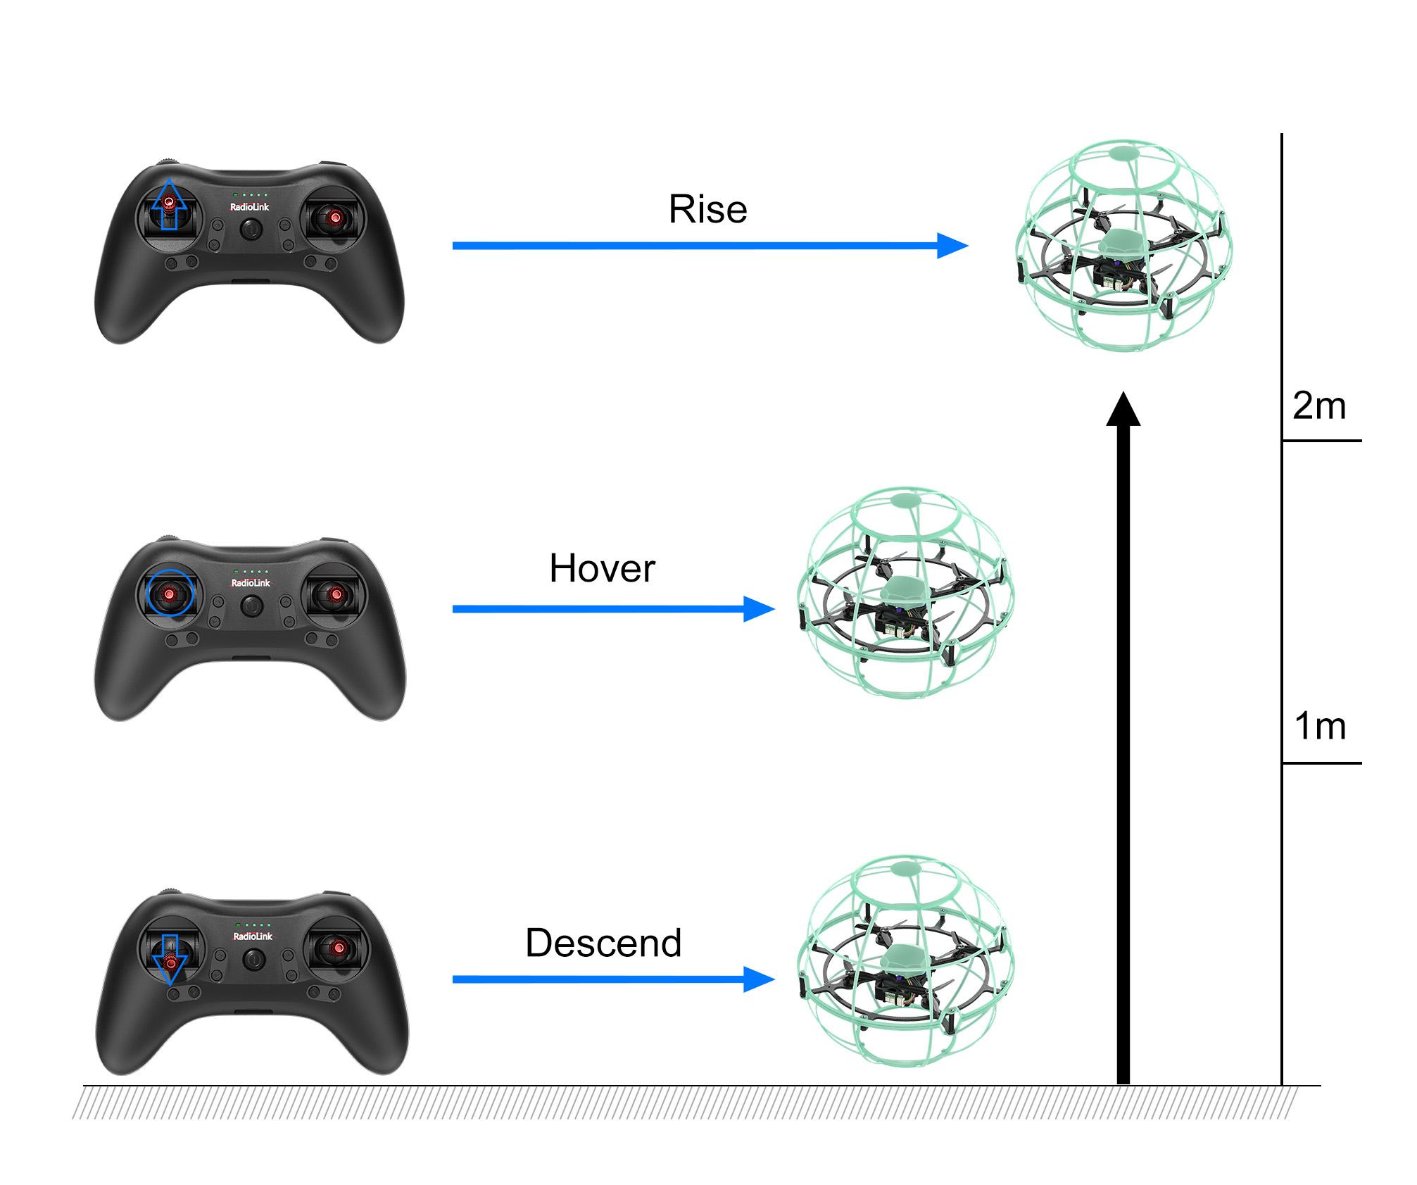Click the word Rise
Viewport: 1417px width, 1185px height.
pos(707,209)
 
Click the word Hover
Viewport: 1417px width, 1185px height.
pos(602,568)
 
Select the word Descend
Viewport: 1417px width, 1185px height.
pos(603,943)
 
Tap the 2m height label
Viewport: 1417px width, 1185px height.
pos(1319,406)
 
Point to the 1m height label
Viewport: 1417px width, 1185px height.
pos(1320,726)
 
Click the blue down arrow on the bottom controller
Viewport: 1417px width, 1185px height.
pos(170,960)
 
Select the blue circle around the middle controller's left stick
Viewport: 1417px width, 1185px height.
pos(170,593)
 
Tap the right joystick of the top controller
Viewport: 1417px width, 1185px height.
pos(335,218)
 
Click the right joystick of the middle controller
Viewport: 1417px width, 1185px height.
pos(336,595)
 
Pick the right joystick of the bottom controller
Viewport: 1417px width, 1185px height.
pos(339,948)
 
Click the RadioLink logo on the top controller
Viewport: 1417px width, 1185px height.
pos(250,207)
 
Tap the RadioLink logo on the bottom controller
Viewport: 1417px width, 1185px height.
pos(253,936)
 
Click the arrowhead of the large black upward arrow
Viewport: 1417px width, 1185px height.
pos(1123,410)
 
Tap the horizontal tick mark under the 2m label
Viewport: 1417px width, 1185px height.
pos(1321,441)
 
